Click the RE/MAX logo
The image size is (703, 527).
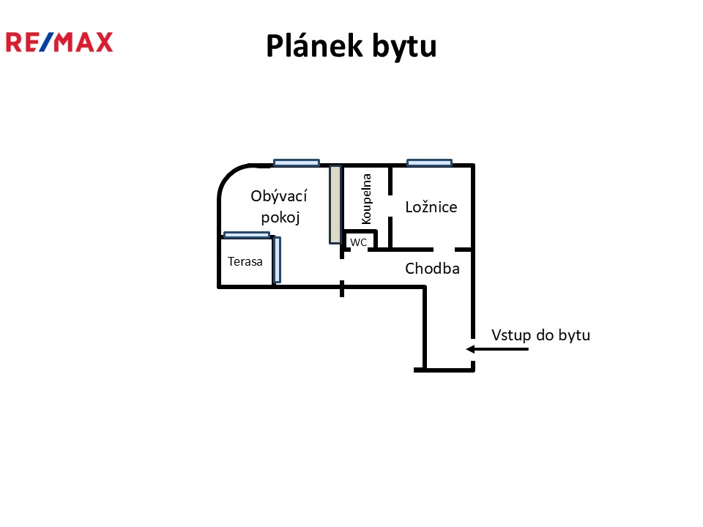pyautogui.click(x=59, y=42)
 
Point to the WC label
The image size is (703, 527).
pyautogui.click(x=358, y=242)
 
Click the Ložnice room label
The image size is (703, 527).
pyautogui.click(x=431, y=207)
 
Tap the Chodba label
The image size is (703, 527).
pyautogui.click(x=432, y=269)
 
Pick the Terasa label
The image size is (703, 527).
pyautogui.click(x=245, y=261)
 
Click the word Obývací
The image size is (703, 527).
pyautogui.click(x=278, y=196)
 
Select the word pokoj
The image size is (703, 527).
pyautogui.click(x=278, y=217)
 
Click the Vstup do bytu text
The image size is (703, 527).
pyautogui.click(x=540, y=335)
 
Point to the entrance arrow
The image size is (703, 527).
pyautogui.click(x=498, y=349)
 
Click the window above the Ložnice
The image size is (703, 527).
pyautogui.click(x=429, y=162)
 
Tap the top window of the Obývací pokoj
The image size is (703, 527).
pyautogui.click(x=297, y=162)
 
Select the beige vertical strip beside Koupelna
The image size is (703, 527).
pyautogui.click(x=335, y=204)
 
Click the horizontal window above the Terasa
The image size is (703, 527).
pyautogui.click(x=247, y=235)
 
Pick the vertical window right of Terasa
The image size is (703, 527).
pyautogui.click(x=276, y=259)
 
